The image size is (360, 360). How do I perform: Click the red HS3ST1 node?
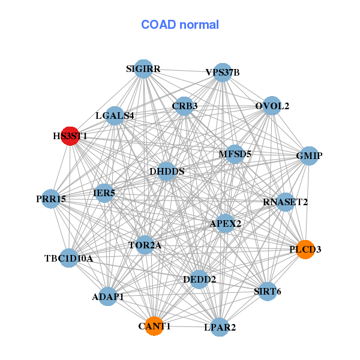[70, 136]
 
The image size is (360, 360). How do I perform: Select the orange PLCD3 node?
[305, 249]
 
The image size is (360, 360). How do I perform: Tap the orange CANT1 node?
[154, 326]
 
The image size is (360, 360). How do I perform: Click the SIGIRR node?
[143, 69]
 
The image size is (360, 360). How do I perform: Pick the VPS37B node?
[223, 73]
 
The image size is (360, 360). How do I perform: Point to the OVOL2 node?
[272, 106]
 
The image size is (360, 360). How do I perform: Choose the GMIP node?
[309, 156]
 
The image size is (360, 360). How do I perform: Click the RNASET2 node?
[285, 202]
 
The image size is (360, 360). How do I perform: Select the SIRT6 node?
[267, 292]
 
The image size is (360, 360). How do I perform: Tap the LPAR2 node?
[220, 327]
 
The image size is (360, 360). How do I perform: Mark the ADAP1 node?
[108, 296]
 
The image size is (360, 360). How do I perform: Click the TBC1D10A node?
[69, 259]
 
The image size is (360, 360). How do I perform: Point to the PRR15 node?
[51, 199]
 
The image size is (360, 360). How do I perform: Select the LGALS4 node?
[115, 115]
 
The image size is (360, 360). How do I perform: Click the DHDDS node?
[166, 172]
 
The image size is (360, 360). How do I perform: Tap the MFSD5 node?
[235, 154]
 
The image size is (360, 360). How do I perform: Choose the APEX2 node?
[226, 224]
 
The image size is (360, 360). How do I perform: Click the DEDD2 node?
[199, 279]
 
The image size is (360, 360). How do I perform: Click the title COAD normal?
[180, 25]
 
